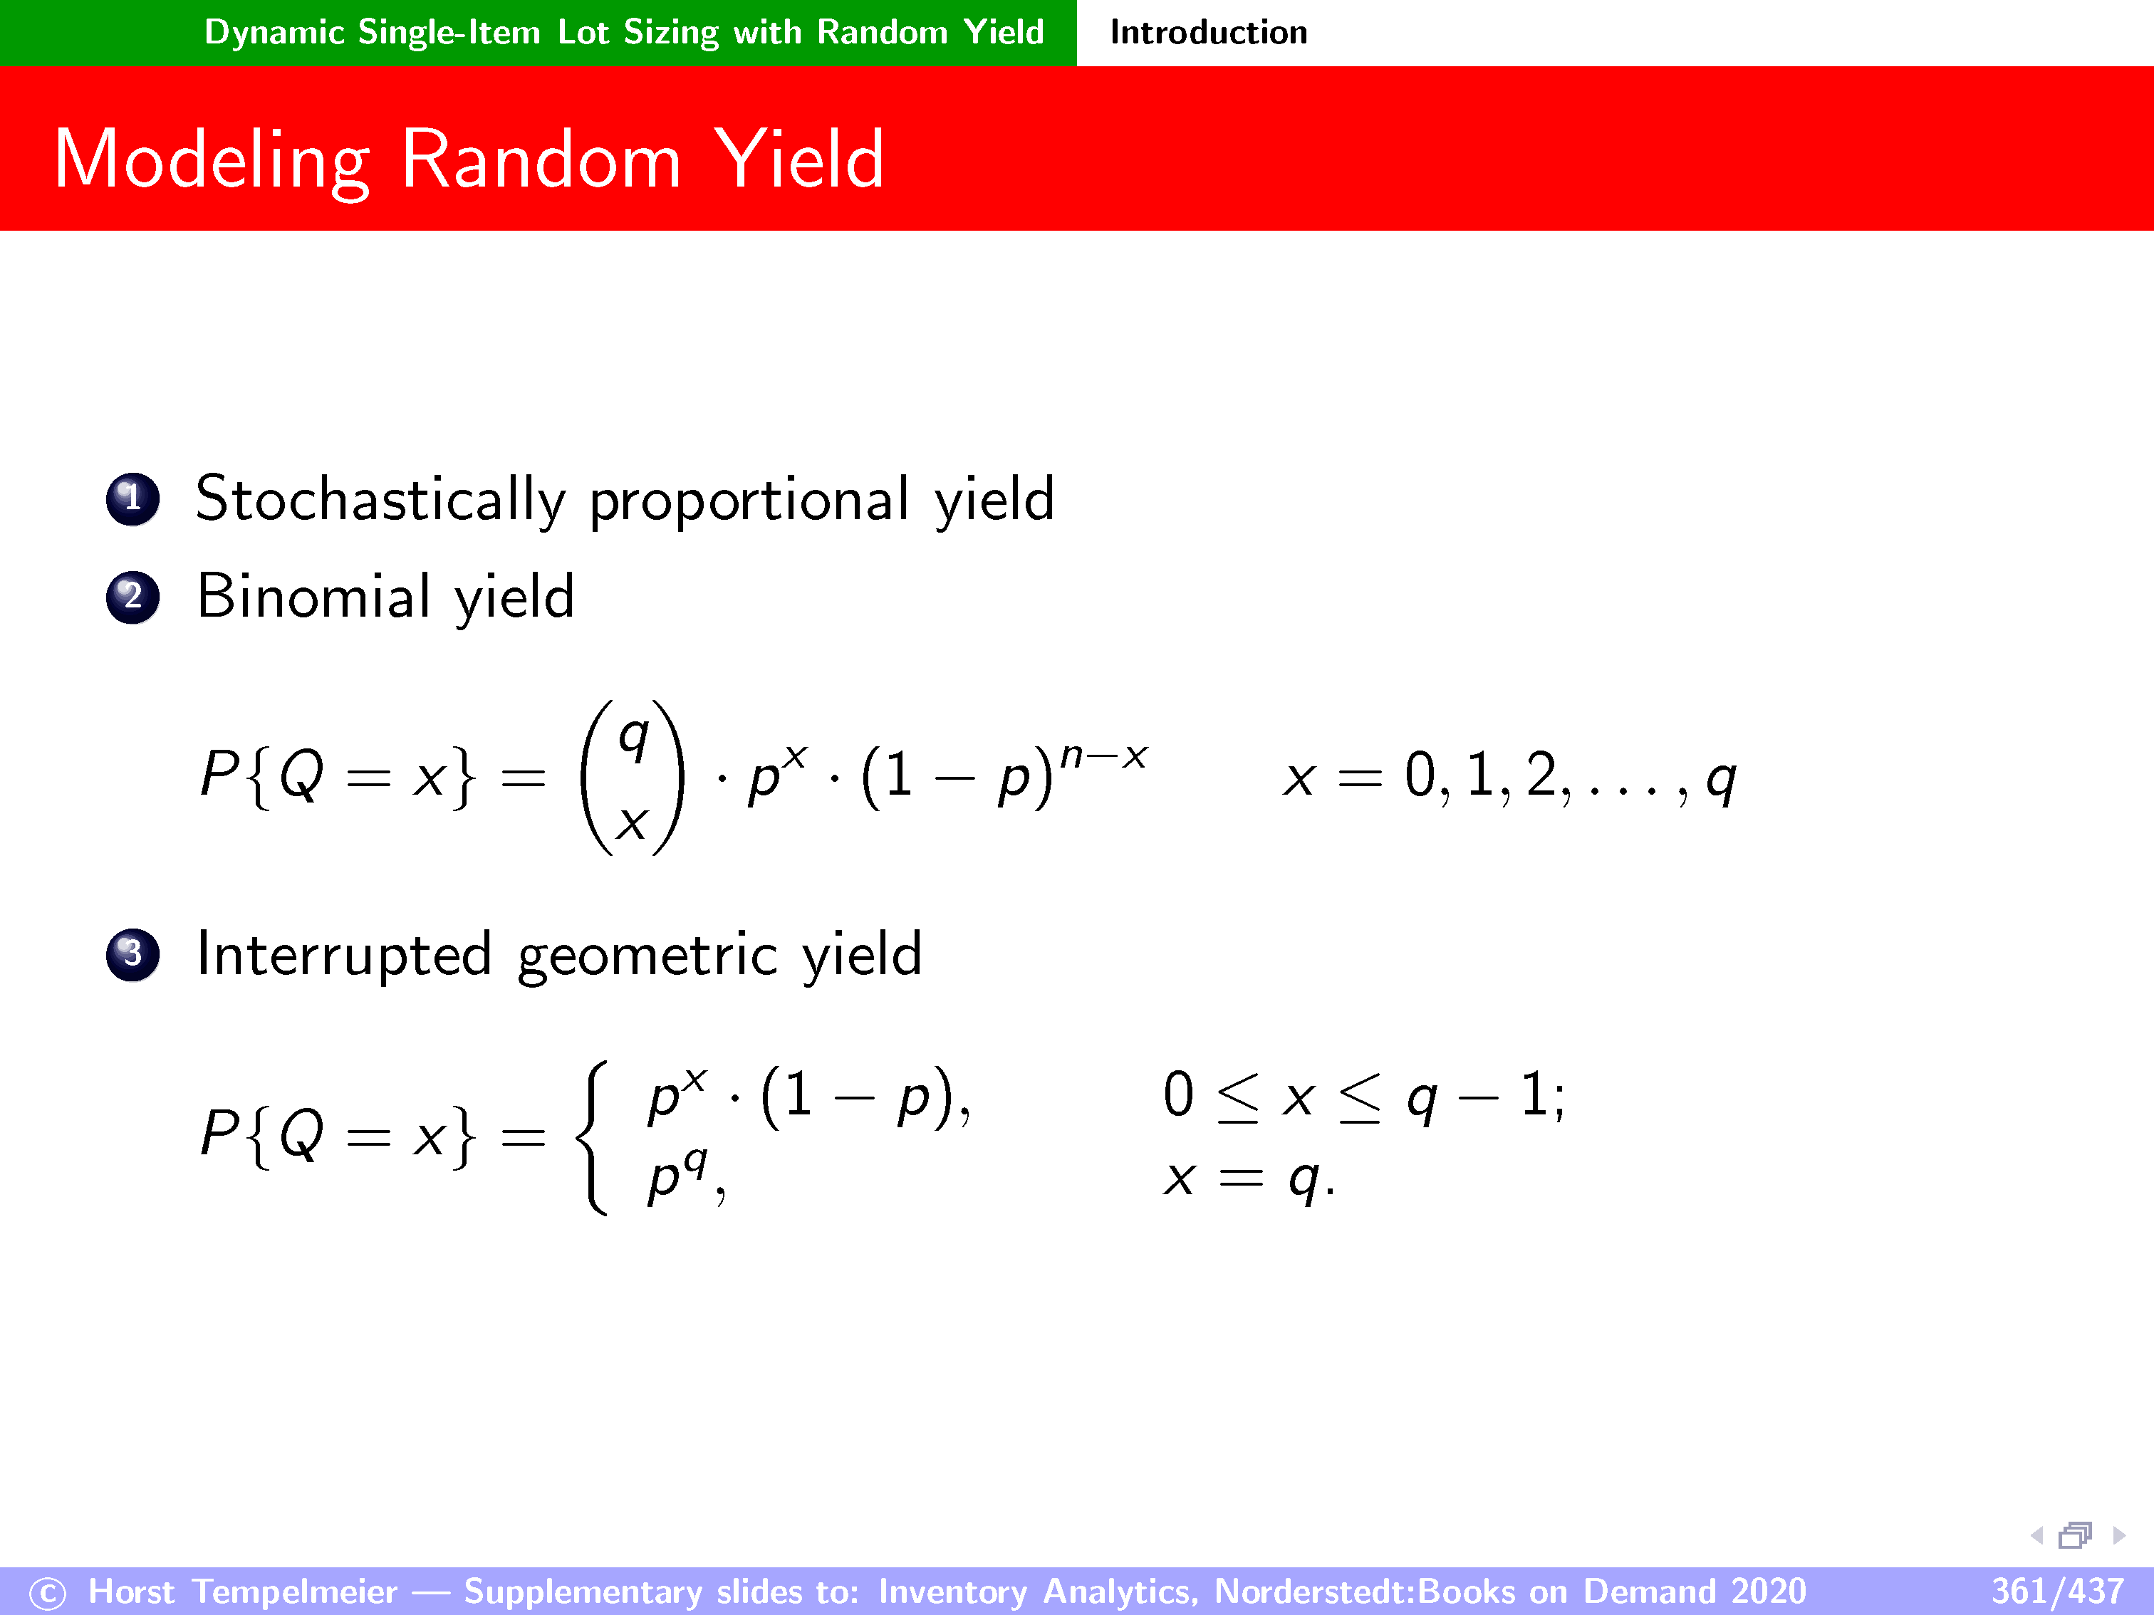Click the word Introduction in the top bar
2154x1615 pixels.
coord(1209,33)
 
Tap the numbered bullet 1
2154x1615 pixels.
coord(132,499)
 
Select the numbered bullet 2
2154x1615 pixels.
coord(132,597)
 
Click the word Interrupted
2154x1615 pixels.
coord(344,955)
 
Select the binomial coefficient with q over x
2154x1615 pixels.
coord(632,778)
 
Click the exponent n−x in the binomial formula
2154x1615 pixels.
coord(1103,756)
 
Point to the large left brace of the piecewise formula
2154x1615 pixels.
coord(592,1137)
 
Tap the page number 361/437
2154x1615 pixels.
coord(2056,1592)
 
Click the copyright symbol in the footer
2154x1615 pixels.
coord(48,1594)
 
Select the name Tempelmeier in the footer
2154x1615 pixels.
coord(294,1592)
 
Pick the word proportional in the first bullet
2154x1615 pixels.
coord(749,502)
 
